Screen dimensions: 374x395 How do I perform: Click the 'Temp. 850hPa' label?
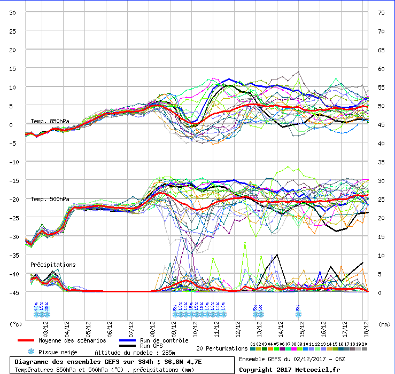(x=50, y=121)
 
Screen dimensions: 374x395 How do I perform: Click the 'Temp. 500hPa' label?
(x=50, y=199)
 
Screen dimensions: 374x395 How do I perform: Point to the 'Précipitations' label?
(x=53, y=264)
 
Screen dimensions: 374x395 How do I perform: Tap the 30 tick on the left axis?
(x=12, y=13)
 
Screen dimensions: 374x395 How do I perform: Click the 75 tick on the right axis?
(x=381, y=13)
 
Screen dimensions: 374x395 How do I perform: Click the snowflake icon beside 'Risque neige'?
(x=32, y=352)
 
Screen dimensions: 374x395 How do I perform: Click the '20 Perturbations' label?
(x=221, y=348)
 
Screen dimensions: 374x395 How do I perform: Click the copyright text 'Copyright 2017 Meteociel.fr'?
(x=289, y=369)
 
